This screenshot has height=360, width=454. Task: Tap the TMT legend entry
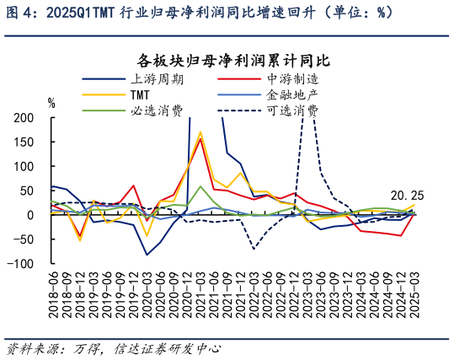click(140, 94)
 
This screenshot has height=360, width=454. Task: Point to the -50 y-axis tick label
click(24, 239)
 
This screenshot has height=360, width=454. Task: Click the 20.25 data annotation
click(406, 196)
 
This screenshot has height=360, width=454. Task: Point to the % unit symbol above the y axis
click(51, 103)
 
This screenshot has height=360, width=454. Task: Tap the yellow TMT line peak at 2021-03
click(200, 132)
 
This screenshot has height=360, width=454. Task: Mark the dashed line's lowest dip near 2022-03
click(254, 249)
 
